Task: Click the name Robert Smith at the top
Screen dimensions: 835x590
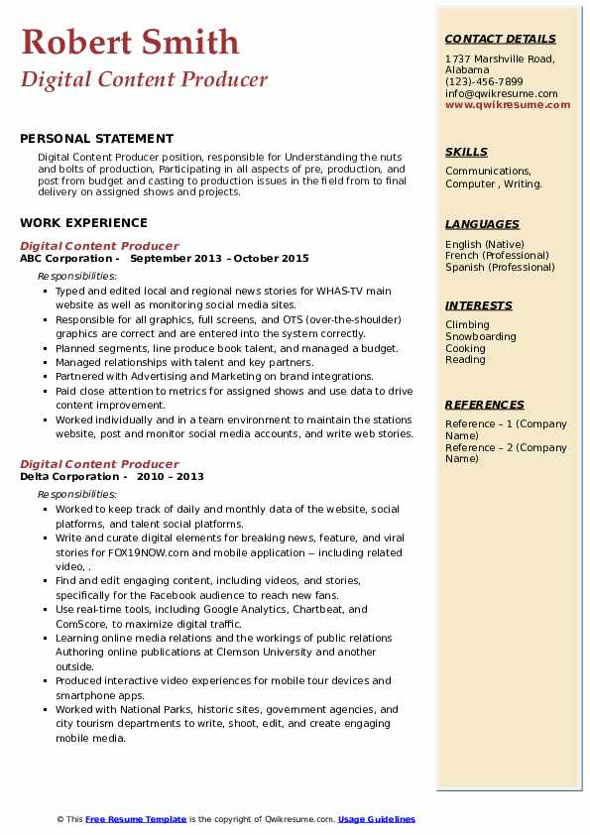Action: click(130, 42)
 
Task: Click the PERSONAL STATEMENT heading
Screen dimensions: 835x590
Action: click(96, 139)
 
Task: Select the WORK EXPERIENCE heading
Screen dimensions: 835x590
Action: click(83, 223)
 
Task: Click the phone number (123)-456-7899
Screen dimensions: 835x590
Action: click(484, 82)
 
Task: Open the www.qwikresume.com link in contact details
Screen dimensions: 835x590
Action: click(508, 104)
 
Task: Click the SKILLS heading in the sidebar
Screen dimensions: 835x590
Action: click(466, 152)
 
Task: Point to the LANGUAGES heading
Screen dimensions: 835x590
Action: click(482, 224)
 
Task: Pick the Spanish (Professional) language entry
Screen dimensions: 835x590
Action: click(500, 267)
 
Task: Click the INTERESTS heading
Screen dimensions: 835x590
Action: click(479, 305)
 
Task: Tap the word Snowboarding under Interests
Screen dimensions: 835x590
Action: click(481, 337)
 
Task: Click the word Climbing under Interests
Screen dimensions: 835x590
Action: click(467, 325)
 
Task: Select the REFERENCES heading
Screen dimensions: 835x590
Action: click(485, 405)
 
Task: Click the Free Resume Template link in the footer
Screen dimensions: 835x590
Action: click(136, 819)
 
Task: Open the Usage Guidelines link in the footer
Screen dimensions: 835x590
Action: click(377, 819)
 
